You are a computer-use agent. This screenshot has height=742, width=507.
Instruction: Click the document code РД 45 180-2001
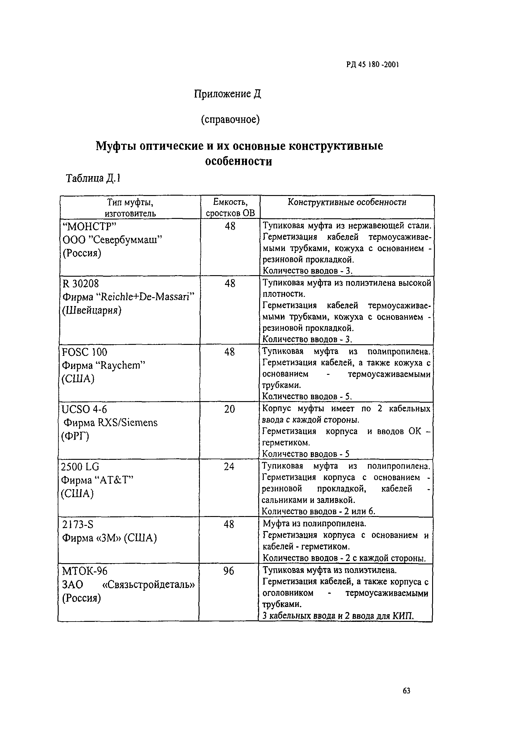click(372, 65)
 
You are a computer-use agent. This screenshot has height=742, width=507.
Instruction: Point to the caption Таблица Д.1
click(93, 178)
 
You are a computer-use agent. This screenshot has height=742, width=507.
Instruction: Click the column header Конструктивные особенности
click(347, 202)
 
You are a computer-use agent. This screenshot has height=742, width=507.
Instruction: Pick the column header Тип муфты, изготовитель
click(130, 208)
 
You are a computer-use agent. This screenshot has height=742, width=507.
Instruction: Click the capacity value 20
click(230, 409)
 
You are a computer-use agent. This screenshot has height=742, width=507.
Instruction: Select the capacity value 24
click(229, 467)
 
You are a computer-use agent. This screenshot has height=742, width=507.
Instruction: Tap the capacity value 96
click(229, 571)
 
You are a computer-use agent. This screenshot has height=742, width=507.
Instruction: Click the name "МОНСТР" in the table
click(90, 226)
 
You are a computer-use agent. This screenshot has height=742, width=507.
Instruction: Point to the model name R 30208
click(81, 283)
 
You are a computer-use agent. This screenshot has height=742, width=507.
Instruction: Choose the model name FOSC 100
click(85, 352)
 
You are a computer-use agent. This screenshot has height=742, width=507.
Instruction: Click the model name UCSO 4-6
click(84, 409)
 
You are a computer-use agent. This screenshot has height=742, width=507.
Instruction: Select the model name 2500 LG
click(80, 467)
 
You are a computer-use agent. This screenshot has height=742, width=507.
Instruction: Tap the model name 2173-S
click(78, 524)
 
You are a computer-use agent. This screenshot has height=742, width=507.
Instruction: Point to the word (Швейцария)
click(92, 310)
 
